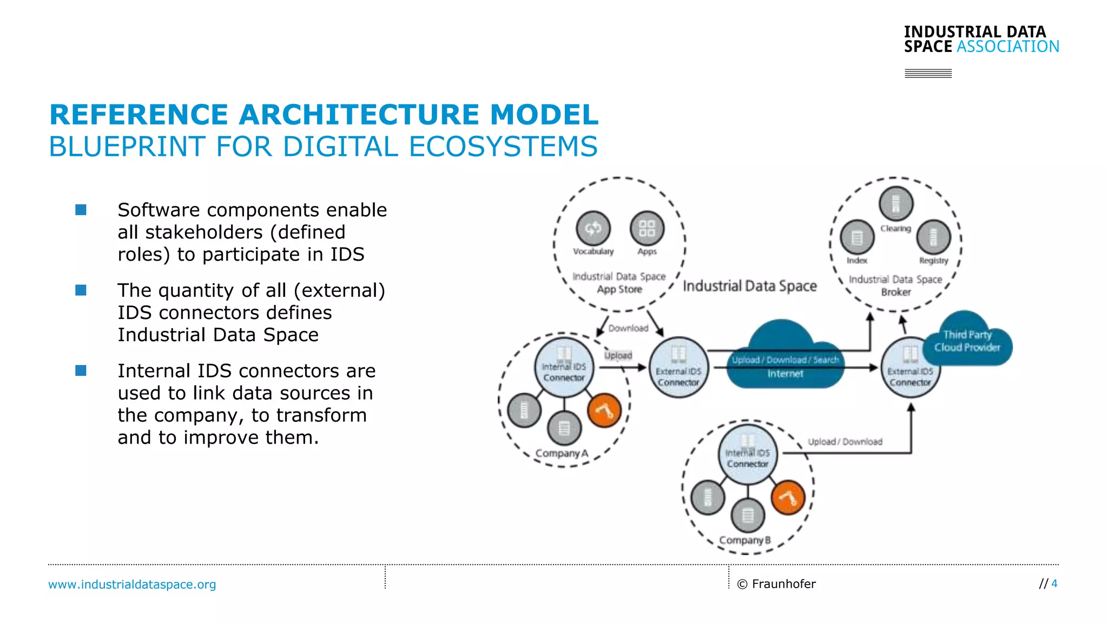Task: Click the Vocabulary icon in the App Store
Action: (593, 228)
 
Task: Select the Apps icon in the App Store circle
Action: (647, 228)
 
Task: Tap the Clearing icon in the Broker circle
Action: (896, 204)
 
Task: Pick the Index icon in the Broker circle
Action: (857, 237)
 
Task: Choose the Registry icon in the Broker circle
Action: (934, 237)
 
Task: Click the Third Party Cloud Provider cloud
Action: (967, 341)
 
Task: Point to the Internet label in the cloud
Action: (785, 374)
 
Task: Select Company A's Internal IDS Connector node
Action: (564, 367)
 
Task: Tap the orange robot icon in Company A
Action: (604, 411)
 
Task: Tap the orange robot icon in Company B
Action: (788, 497)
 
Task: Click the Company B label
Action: (744, 540)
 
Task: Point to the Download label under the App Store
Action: (628, 328)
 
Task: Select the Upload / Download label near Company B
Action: (845, 442)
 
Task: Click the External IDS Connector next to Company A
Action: (678, 368)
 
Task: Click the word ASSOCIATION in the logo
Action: (1007, 47)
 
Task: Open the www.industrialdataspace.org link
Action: (132, 584)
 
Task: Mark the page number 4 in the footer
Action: (1054, 583)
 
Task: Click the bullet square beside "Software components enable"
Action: (81, 210)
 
